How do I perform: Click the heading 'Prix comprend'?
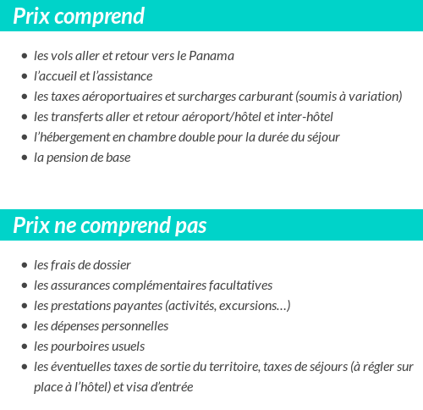click(x=80, y=16)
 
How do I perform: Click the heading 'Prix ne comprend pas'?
click(x=110, y=226)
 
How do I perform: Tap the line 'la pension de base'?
click(x=82, y=158)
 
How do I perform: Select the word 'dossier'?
click(x=112, y=265)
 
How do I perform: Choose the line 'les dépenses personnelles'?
click(x=102, y=326)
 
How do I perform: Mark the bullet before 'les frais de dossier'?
click(x=24, y=266)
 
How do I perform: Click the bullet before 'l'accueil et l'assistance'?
click(x=24, y=77)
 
